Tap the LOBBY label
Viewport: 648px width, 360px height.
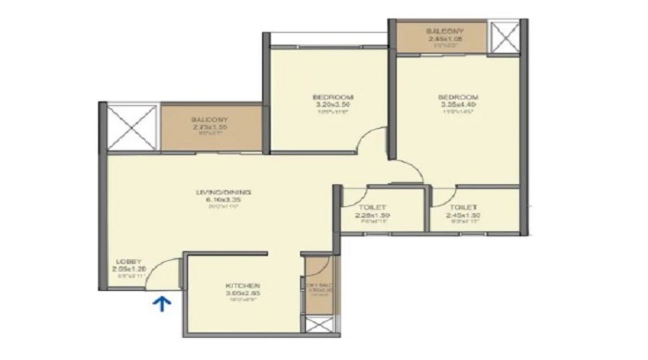click(x=127, y=261)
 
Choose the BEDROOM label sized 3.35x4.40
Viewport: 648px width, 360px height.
click(x=458, y=97)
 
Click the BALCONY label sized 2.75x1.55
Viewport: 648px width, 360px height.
click(x=210, y=120)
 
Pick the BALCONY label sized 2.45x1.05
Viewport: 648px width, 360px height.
click(x=444, y=32)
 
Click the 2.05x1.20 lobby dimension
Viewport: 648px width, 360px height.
click(x=127, y=269)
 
